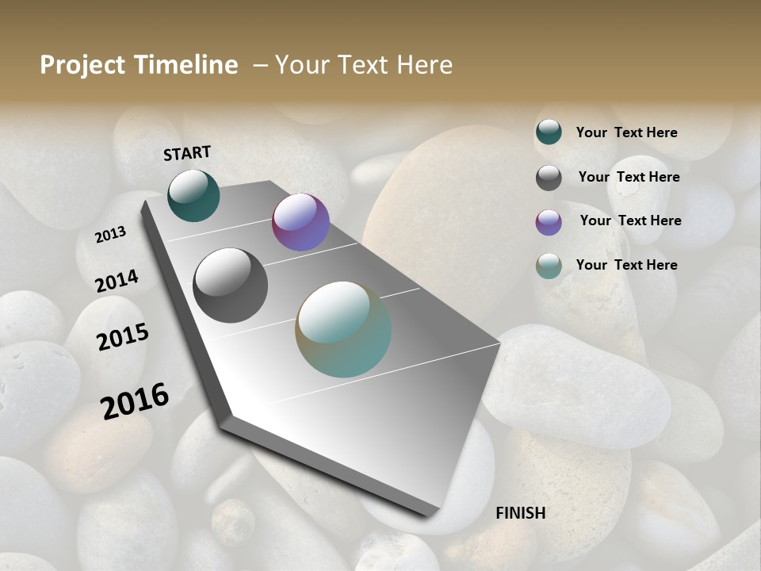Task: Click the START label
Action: tap(187, 153)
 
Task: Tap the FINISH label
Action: tap(521, 513)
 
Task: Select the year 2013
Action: tap(111, 235)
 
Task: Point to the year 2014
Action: tap(117, 282)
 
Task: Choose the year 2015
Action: tap(122, 337)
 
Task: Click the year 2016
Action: tap(135, 400)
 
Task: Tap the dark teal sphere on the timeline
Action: tap(193, 196)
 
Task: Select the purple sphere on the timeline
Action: tap(300, 222)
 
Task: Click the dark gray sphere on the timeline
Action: tap(230, 285)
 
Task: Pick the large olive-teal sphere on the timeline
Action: tap(343, 329)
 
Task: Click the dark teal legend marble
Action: tap(549, 132)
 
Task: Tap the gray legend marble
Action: tap(549, 178)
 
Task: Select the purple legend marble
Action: tap(549, 222)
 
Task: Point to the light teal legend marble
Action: tap(549, 266)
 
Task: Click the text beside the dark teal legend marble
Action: tap(626, 132)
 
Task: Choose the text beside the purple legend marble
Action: tap(630, 220)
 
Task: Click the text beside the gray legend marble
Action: tap(629, 177)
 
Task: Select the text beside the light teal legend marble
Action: tap(626, 265)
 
